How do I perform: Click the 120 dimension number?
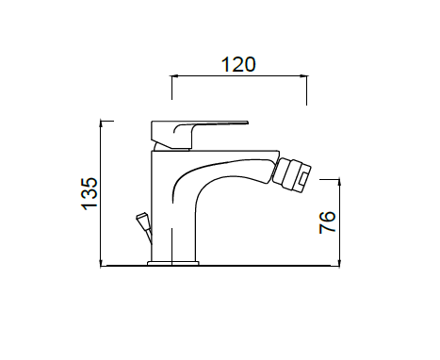tap(238, 64)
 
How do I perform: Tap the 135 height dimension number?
tap(90, 194)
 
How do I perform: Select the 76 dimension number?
tap(327, 222)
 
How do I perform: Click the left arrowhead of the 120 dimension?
tap(174, 75)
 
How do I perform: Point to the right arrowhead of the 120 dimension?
tap(304, 75)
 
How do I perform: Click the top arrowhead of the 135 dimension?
tap(101, 123)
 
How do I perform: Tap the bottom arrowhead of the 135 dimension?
tap(101, 263)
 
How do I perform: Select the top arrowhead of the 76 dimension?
tap(339, 182)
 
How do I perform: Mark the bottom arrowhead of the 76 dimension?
tap(339, 263)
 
